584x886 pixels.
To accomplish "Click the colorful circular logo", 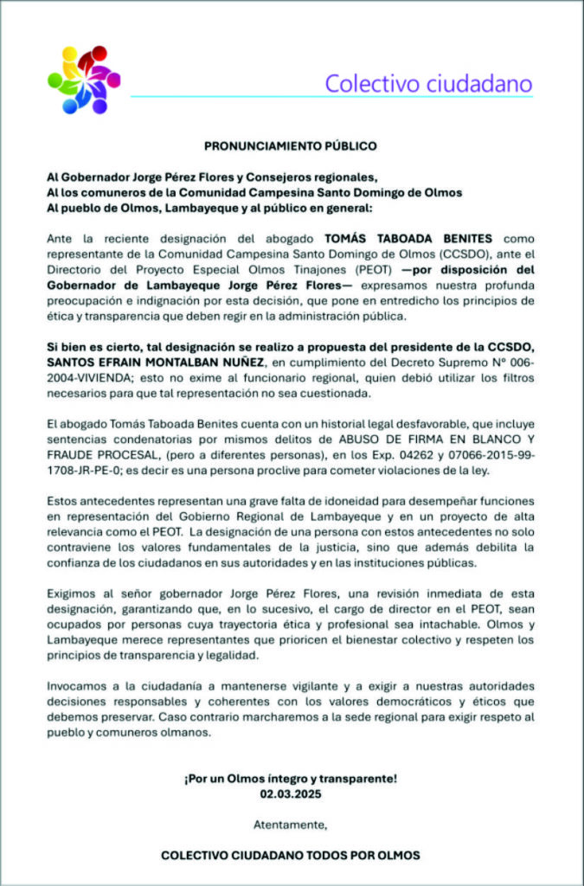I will (x=84, y=80).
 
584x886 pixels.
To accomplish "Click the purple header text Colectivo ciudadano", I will (x=428, y=84).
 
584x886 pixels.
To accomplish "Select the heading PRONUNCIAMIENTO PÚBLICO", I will (x=291, y=146).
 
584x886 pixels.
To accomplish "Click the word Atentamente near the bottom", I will (x=291, y=824).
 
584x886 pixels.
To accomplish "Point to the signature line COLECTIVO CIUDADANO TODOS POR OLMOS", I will (x=291, y=855).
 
